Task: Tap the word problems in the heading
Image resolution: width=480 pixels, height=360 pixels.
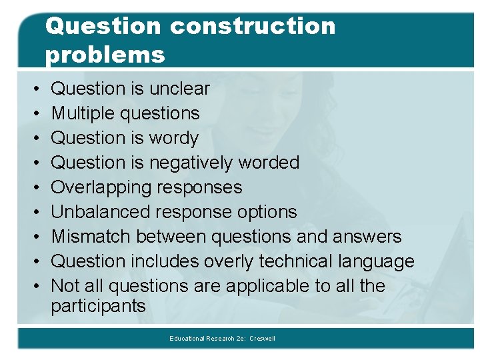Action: point(105,55)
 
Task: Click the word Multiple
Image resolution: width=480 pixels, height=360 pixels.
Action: point(84,113)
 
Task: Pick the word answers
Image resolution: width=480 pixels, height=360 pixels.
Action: point(369,237)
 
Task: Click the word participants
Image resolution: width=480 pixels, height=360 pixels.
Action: point(98,307)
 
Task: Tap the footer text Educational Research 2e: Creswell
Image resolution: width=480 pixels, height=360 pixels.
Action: point(222,339)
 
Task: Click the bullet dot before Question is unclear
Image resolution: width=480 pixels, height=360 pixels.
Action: point(33,89)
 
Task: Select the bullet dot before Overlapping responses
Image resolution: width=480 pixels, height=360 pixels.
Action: point(33,188)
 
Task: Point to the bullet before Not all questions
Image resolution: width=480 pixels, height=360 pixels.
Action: point(33,287)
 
